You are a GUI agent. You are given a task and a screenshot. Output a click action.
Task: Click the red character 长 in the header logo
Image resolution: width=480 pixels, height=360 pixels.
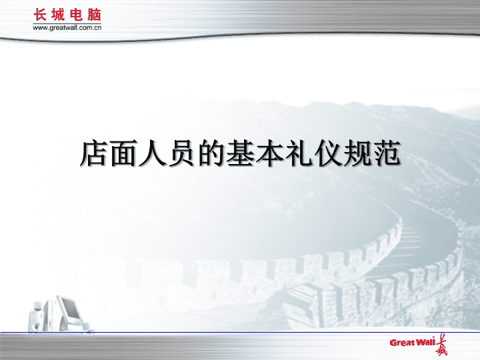[40, 15]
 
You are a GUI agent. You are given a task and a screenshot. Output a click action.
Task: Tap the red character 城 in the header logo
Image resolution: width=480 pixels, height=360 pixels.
[58, 15]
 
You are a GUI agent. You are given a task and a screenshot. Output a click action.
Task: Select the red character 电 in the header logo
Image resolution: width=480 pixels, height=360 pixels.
[76, 15]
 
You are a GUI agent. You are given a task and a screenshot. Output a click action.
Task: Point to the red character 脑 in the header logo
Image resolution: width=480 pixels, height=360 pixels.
[94, 15]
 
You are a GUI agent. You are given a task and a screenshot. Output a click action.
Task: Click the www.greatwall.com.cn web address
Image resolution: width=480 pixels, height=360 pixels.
[67, 28]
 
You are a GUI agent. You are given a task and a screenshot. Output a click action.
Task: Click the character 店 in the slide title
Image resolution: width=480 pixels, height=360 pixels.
[94, 153]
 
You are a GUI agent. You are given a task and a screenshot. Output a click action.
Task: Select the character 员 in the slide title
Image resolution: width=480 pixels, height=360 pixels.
[181, 153]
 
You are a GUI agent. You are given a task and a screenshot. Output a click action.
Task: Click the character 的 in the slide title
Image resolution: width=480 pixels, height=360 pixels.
[211, 153]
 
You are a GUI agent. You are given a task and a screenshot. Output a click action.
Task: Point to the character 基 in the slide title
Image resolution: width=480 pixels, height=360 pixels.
[240, 153]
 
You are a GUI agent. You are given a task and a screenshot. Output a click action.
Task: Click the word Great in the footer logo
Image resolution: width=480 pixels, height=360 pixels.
[403, 343]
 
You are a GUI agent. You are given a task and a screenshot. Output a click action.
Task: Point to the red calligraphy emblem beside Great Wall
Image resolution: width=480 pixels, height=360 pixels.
[441, 345]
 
